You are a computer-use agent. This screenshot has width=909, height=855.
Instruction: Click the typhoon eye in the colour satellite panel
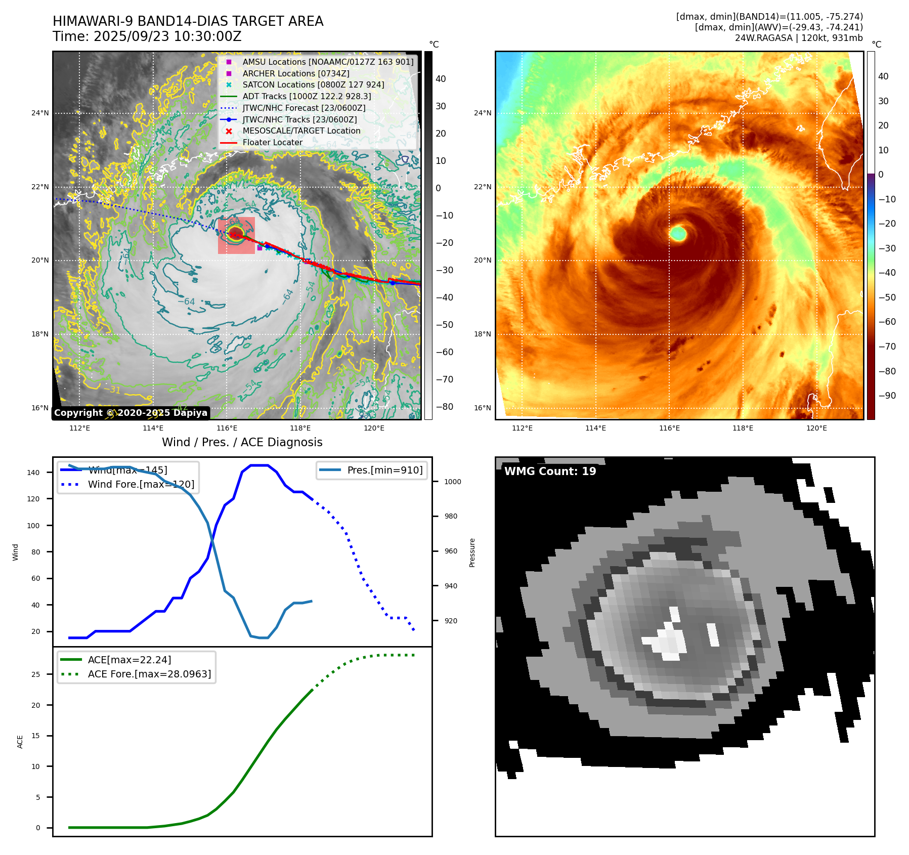pyautogui.click(x=678, y=233)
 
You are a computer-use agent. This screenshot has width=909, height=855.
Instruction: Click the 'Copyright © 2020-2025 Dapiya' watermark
pyautogui.click(x=131, y=413)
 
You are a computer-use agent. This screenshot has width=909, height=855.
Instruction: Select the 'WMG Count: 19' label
pyautogui.click(x=550, y=472)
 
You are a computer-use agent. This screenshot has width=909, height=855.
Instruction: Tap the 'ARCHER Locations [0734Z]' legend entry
pyautogui.click(x=295, y=73)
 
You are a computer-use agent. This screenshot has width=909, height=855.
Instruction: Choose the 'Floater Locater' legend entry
pyautogui.click(x=272, y=143)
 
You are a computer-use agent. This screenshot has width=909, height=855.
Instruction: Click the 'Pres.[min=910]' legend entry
pyautogui.click(x=384, y=470)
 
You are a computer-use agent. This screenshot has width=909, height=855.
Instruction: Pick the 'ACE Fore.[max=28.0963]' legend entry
pyautogui.click(x=149, y=674)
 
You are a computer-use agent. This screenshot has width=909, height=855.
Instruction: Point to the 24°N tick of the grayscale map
pyautogui.click(x=40, y=113)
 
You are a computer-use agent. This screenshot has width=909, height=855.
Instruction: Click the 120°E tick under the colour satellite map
pyautogui.click(x=816, y=428)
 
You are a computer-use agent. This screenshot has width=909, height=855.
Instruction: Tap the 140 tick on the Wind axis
pyautogui.click(x=33, y=473)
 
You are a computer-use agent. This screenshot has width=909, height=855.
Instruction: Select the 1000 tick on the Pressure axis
pyautogui.click(x=452, y=482)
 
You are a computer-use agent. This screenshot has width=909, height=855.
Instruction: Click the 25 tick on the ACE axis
pyautogui.click(x=35, y=674)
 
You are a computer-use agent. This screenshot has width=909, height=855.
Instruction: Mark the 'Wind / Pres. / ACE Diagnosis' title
pyautogui.click(x=242, y=442)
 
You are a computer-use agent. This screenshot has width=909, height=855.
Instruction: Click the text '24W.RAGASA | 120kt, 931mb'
pyautogui.click(x=799, y=38)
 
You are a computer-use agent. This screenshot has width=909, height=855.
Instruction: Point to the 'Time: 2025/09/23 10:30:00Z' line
pyautogui.click(x=147, y=36)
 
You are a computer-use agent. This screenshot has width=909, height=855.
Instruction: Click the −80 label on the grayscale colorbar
pyautogui.click(x=444, y=407)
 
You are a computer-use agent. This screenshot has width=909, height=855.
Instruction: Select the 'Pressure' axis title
pyautogui.click(x=472, y=552)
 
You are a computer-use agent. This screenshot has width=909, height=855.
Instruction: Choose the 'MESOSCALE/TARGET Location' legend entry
pyautogui.click(x=301, y=131)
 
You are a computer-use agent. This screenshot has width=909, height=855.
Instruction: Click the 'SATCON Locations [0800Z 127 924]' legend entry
pyautogui.click(x=313, y=85)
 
